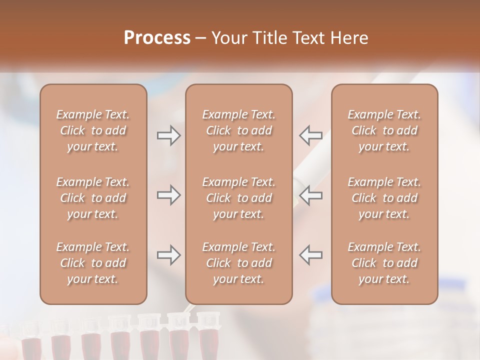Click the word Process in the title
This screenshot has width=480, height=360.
(157, 38)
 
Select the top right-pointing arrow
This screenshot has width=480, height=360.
(168, 135)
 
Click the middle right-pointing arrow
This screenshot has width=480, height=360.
(168, 195)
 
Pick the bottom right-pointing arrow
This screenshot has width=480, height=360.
(168, 255)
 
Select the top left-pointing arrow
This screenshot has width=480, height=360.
(310, 135)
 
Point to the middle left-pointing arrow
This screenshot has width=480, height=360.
(310, 195)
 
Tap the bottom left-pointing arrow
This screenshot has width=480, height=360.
(310, 254)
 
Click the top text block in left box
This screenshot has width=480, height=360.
(93, 130)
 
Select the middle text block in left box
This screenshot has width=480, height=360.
(93, 198)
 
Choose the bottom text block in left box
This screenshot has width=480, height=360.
(93, 263)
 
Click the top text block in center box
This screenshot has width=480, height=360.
(239, 130)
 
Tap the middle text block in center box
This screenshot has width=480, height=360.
(239, 198)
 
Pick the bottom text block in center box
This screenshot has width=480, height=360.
(239, 263)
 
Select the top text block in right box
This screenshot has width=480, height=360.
(384, 130)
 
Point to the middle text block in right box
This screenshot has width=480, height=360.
(384, 198)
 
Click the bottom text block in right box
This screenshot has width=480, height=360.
(384, 263)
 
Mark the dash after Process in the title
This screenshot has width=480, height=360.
(201, 38)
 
